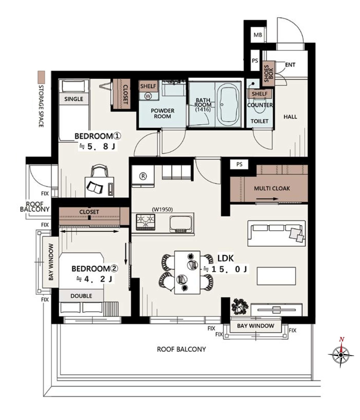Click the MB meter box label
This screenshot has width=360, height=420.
pyautogui.click(x=258, y=35)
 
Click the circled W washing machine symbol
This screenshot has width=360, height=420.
pyautogui.click(x=148, y=96)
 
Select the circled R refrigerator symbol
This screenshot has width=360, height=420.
pyautogui.click(x=143, y=176)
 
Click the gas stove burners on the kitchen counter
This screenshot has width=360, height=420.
pyautogui.click(x=145, y=222)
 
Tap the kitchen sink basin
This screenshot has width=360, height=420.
pyautogui.click(x=181, y=224)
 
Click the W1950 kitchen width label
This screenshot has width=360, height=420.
pyautogui.click(x=162, y=209)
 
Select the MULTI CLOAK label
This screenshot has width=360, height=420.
pyautogui.click(x=272, y=188)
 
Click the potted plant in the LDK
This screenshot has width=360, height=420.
pyautogui.click(x=240, y=306)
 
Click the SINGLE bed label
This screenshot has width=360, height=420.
pyautogui.click(x=74, y=99)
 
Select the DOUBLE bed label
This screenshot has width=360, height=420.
pyautogui.click(x=81, y=296)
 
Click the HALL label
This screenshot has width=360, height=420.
pyautogui.click(x=290, y=117)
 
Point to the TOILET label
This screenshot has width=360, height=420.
pyautogui.click(x=259, y=121)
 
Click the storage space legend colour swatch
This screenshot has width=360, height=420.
pyautogui.click(x=41, y=77)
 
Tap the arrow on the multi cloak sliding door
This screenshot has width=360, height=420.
pyautogui.click(x=267, y=199)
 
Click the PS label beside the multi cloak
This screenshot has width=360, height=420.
pyautogui.click(x=239, y=164)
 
